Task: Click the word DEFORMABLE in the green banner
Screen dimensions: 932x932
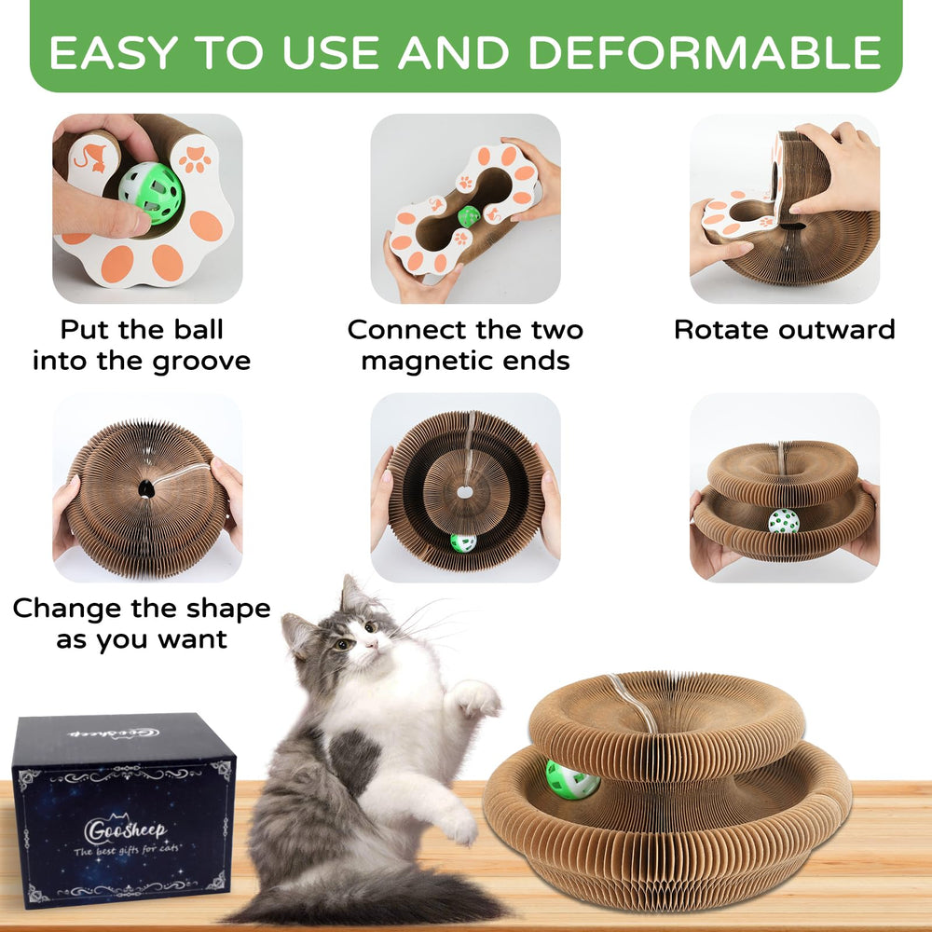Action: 705,52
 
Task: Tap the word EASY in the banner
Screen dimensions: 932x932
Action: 114,52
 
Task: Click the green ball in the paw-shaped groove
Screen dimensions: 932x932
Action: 150,193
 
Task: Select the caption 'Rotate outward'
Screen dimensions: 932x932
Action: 784,329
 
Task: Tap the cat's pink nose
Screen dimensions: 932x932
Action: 372,644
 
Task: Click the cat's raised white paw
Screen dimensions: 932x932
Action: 475,698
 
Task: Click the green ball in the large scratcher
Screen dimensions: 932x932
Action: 572,780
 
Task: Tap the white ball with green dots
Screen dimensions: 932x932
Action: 784,521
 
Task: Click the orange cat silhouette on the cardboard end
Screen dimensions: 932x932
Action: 93,158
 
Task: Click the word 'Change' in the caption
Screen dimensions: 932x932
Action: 68,609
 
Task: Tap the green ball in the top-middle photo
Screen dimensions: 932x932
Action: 469,216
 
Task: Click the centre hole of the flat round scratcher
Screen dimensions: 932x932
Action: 465,493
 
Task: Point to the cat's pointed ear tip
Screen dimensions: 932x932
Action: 346,578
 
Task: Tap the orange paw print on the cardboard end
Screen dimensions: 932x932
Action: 195,159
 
